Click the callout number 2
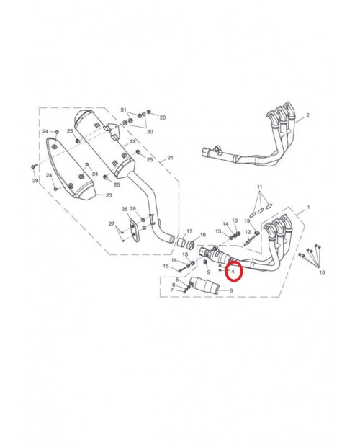pos(307,115)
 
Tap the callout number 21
pos(171,158)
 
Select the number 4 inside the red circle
pos(233,272)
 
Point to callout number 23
pos(109,195)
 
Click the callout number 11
pos(260,187)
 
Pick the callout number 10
pos(322,272)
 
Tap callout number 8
pos(231,290)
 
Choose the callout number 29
pos(35,181)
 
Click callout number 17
pos(189,231)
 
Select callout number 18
pos(202,235)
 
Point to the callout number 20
pos(163,117)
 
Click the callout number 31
pos(124,110)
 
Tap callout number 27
pos(112,224)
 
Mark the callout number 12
pos(248,232)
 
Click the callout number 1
pos(309,208)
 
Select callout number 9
pos(209,272)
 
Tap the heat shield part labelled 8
pos(204,285)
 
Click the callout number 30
pos(150,131)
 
